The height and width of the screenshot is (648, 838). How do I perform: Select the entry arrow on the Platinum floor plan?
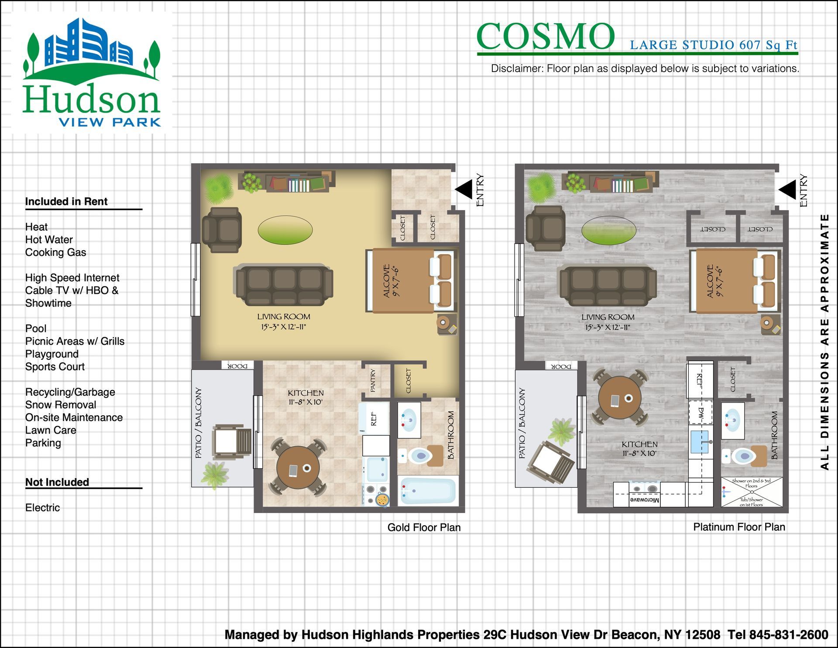click(x=787, y=189)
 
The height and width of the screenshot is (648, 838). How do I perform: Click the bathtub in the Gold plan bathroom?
click(x=428, y=491)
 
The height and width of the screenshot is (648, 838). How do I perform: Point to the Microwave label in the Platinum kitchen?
click(x=645, y=500)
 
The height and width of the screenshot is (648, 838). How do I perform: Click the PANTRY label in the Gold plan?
click(x=373, y=380)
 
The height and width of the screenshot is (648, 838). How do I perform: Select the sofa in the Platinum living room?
click(x=608, y=285)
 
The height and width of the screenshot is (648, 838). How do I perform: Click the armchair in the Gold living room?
click(x=222, y=230)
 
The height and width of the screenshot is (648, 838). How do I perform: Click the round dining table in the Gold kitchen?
click(x=298, y=467)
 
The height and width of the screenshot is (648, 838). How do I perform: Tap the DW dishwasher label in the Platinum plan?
click(x=701, y=413)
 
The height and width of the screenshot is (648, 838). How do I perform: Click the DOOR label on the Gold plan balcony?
click(x=237, y=365)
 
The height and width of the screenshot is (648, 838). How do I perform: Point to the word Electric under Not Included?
click(x=42, y=507)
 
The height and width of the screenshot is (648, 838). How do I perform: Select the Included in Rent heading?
click(x=66, y=201)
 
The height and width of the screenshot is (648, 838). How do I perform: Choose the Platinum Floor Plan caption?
click(x=739, y=527)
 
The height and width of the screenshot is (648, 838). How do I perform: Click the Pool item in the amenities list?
click(x=36, y=328)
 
